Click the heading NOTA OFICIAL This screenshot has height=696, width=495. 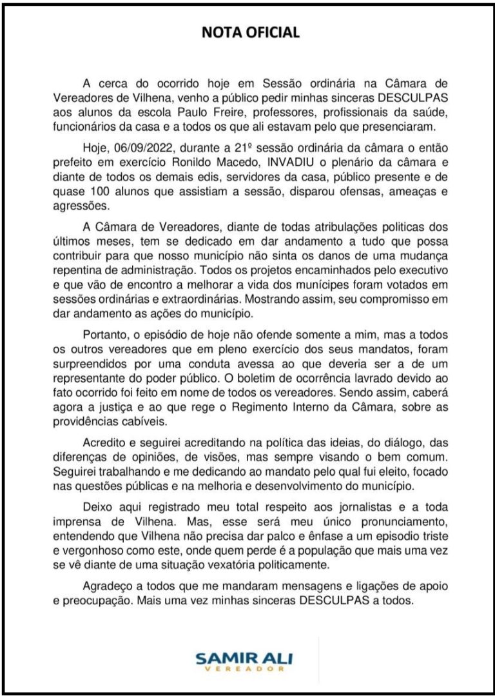coord(251,33)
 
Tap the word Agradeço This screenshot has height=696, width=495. coord(108,587)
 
